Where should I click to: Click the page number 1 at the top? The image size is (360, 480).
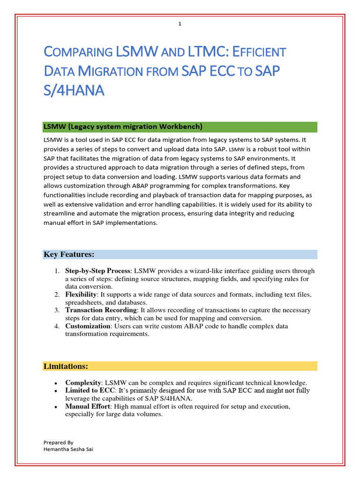180,24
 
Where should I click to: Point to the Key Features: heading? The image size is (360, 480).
69,255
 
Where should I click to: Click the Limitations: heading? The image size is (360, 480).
66,366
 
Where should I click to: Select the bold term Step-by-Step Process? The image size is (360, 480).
97,271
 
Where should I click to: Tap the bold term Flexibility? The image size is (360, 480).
81,294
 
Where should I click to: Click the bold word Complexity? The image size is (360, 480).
83,382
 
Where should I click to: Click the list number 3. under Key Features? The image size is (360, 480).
56,310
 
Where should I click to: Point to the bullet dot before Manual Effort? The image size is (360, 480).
56,407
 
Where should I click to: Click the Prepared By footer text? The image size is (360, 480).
58,442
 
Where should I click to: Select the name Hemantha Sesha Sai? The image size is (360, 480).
66,449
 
